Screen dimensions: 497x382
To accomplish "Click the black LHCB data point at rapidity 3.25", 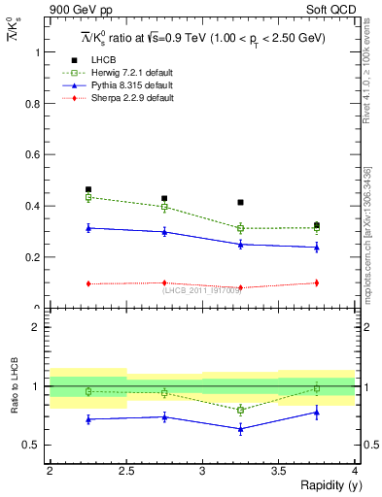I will coord(240,202).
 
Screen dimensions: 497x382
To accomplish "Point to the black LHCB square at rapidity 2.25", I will coord(88,189).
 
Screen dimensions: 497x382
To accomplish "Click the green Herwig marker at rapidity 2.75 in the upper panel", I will coord(164,207).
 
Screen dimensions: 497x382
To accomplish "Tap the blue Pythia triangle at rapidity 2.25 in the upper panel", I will coord(88,228).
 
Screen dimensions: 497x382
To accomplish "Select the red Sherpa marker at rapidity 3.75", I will coord(316,282).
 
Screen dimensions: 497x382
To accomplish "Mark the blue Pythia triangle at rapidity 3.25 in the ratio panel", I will coord(240,428).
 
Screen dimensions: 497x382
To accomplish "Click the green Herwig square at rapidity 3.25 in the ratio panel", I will coord(240,410).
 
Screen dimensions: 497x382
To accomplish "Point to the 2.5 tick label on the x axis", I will coord(126,471).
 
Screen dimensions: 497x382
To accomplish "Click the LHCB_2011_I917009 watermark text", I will coord(202,289).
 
